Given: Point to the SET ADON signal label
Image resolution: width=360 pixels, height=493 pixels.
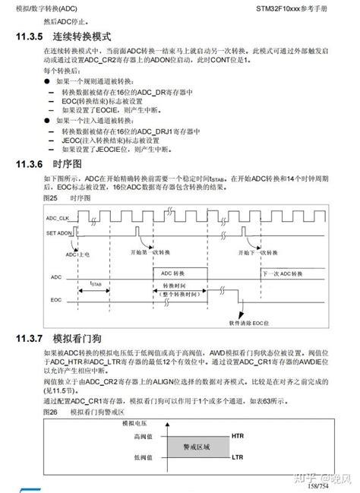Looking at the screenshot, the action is click(x=58, y=233).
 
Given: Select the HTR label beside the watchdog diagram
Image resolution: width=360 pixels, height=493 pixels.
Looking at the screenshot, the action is click(x=236, y=435).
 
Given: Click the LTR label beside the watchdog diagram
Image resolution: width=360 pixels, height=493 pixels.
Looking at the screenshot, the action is click(x=236, y=458).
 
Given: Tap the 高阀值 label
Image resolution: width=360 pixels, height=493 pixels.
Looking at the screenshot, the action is click(x=143, y=436).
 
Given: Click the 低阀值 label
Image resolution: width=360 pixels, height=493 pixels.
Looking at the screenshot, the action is click(x=143, y=458).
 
